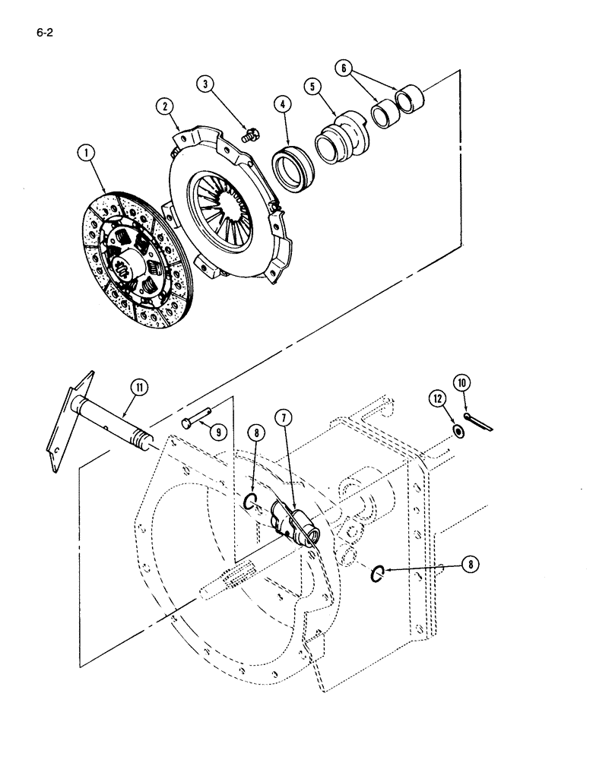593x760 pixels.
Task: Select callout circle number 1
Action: [89, 154]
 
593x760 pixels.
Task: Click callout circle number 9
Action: [218, 432]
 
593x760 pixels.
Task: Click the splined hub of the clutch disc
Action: [123, 268]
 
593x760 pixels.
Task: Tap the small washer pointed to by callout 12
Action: [458, 432]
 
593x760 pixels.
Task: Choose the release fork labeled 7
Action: [293, 522]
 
